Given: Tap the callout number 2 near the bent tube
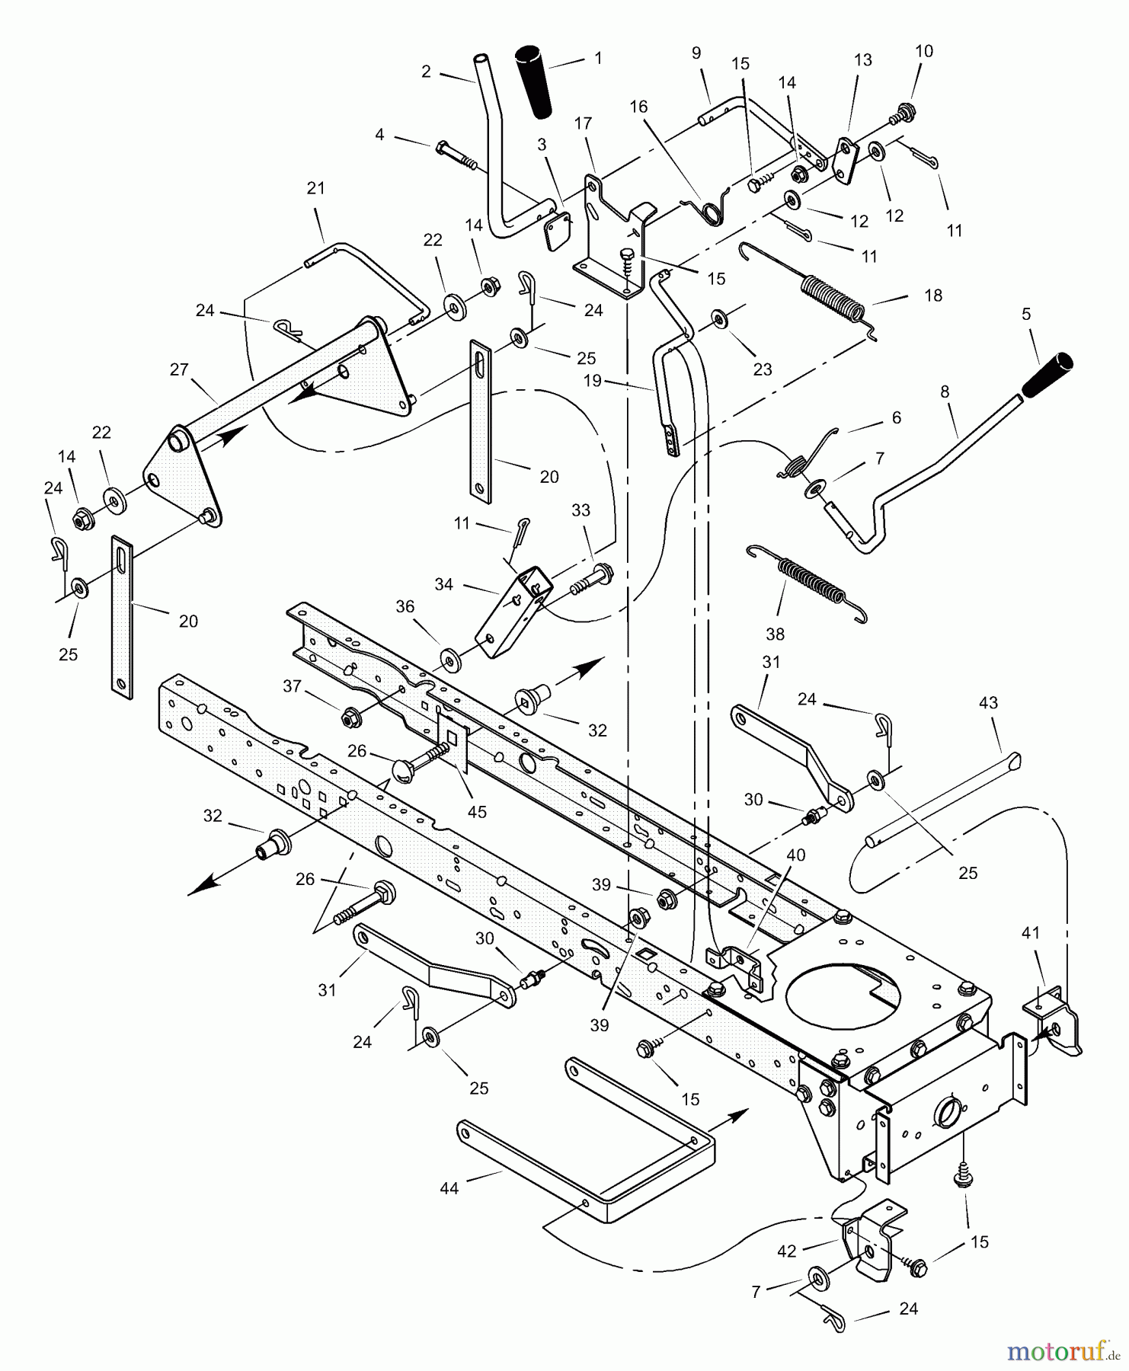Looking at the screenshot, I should (426, 72).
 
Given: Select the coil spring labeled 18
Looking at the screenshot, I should (833, 299).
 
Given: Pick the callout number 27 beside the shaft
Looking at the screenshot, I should (178, 370).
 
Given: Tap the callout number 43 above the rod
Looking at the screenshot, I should (988, 702).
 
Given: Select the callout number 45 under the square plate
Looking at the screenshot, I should (477, 812).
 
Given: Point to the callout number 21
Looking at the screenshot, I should (315, 188).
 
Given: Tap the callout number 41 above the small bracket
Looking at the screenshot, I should (1031, 932).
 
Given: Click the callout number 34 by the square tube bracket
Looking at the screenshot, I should (444, 584).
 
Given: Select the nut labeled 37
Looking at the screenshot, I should (351, 716).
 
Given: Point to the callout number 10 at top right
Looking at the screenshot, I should (923, 51).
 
